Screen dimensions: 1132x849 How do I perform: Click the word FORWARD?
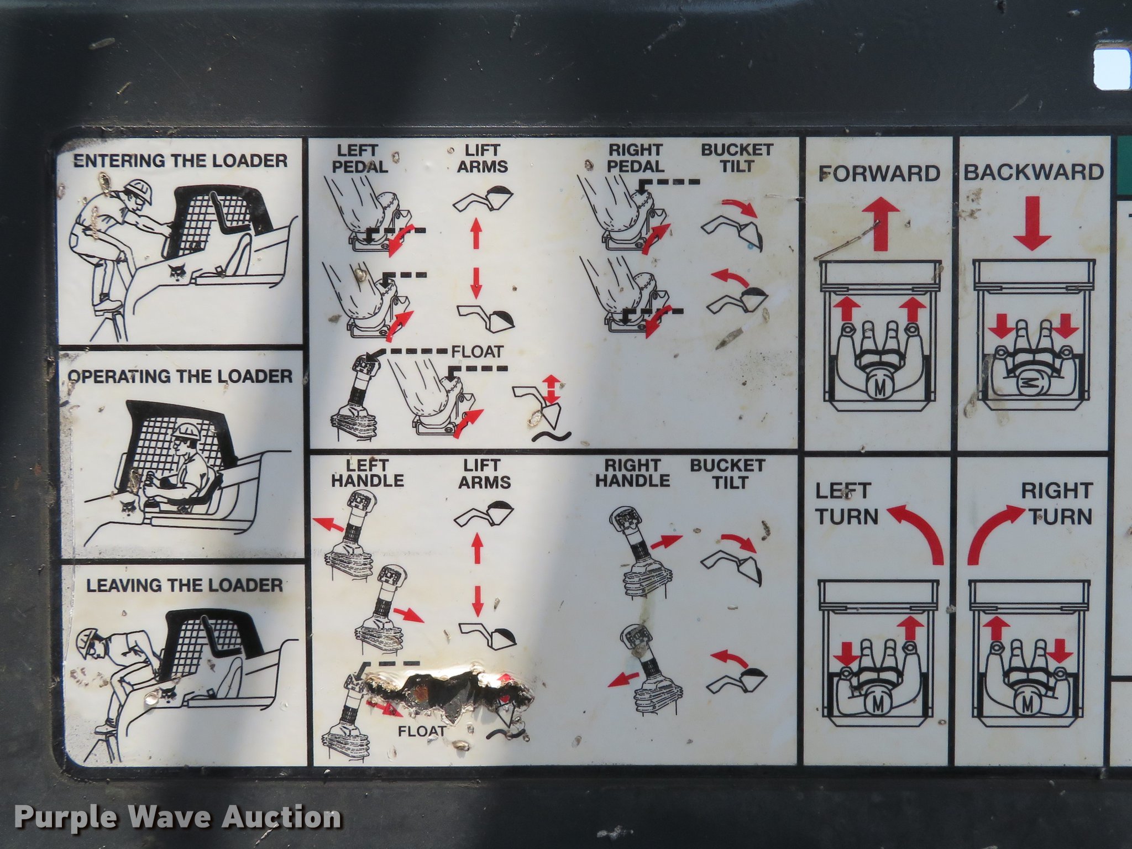click(879, 173)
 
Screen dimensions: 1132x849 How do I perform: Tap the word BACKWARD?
click(1034, 172)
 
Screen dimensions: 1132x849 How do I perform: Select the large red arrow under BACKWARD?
click(1032, 223)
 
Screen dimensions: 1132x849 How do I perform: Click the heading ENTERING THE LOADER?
click(181, 161)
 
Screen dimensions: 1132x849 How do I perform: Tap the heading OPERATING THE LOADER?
click(180, 376)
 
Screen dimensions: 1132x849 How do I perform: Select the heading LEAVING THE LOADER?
click(185, 585)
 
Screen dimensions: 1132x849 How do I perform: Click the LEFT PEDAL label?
click(359, 158)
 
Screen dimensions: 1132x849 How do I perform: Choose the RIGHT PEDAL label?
click(636, 158)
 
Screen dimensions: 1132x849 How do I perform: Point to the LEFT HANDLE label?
click(368, 473)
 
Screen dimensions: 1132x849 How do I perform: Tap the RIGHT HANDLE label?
click(632, 473)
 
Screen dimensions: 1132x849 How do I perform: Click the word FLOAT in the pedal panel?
click(478, 352)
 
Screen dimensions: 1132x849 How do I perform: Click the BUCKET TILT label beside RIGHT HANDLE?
click(727, 474)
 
